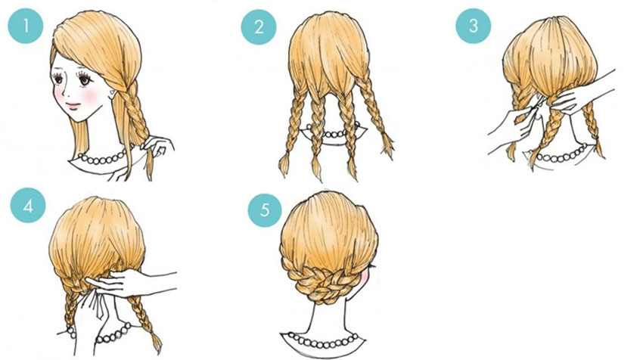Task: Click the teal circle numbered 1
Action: click(x=26, y=26)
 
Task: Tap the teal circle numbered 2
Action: click(x=259, y=27)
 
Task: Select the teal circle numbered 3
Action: click(x=474, y=26)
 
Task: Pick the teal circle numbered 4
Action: click(x=28, y=206)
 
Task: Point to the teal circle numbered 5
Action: click(x=265, y=210)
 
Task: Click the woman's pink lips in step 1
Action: click(x=73, y=105)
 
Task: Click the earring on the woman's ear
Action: click(x=111, y=92)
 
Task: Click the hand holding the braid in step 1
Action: click(x=158, y=146)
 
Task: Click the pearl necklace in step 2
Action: click(x=333, y=132)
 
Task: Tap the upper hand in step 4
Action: click(x=131, y=282)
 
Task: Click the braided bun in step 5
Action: click(x=328, y=283)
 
